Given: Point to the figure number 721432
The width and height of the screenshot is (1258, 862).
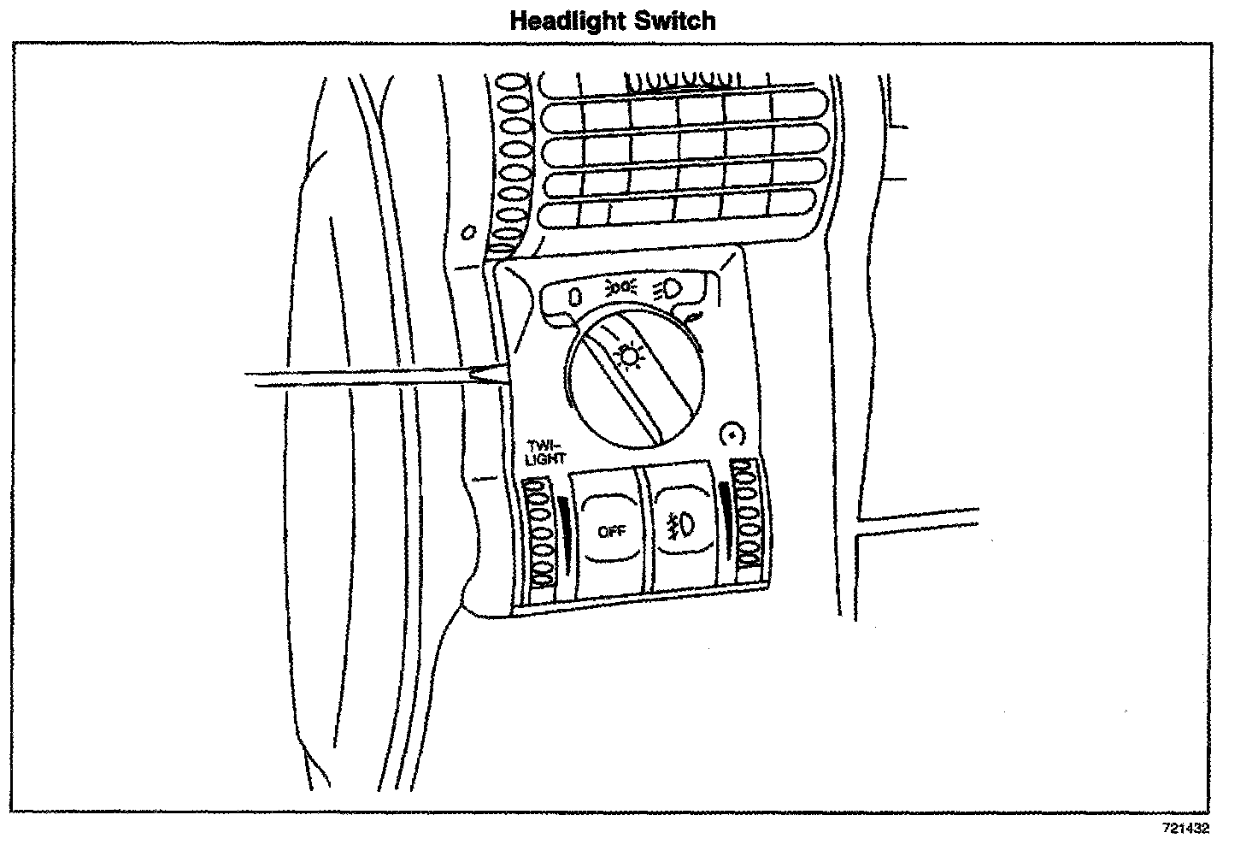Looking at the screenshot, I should pyautogui.click(x=1185, y=828).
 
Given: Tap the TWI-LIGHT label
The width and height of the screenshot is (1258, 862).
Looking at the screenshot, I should pyautogui.click(x=546, y=452).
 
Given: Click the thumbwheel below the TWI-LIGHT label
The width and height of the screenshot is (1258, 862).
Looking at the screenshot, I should pyautogui.click(x=539, y=535).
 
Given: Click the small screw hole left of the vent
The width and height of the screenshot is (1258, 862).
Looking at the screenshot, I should pyautogui.click(x=467, y=232).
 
